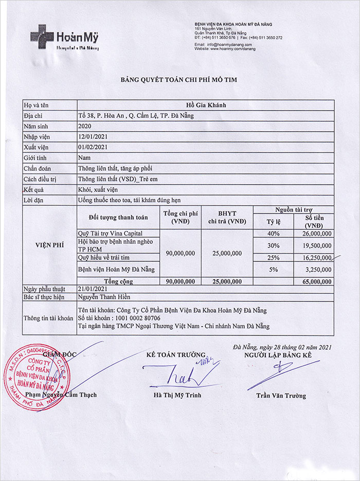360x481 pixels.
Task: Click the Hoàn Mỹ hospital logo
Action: pyautogui.click(x=64, y=38)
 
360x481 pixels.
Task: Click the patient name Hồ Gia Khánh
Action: pyautogui.click(x=205, y=105)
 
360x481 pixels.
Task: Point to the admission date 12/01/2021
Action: pyautogui.click(x=93, y=136)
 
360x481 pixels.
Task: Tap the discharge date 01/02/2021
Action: pyautogui.click(x=93, y=147)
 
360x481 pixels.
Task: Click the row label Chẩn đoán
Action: pyautogui.click(x=38, y=168)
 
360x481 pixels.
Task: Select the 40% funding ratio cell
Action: pyautogui.click(x=273, y=234)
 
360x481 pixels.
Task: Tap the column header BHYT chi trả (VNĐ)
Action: pyautogui.click(x=227, y=218)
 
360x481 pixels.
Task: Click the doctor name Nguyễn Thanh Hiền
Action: pyautogui.click(x=104, y=297)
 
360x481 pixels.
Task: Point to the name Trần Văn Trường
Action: pyautogui.click(x=281, y=396)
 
